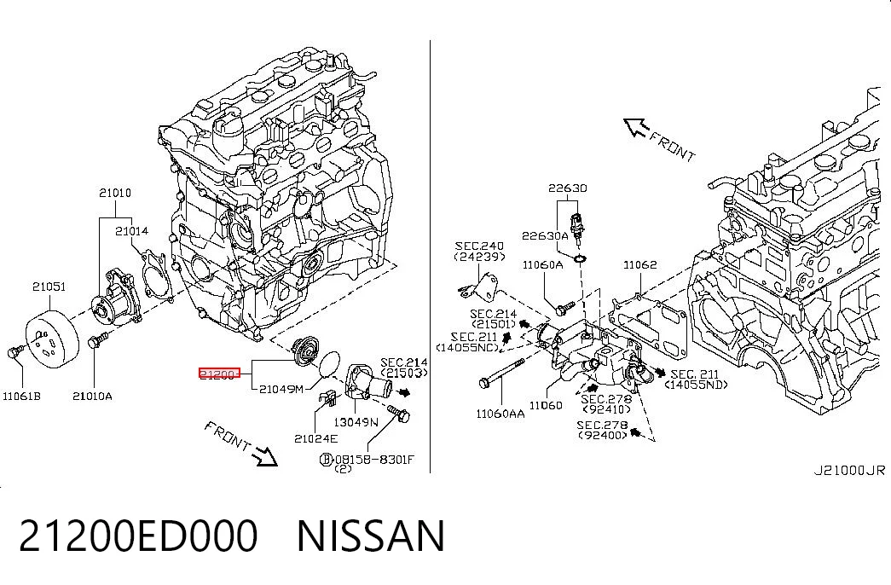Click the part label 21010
[x=115, y=193]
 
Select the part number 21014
[x=132, y=231]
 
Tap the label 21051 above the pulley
[x=49, y=287]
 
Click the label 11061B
[x=21, y=396]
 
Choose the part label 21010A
[x=92, y=396]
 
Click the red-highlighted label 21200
[x=219, y=374]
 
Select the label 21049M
[x=281, y=389]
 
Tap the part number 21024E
[x=316, y=438]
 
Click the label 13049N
[x=356, y=422]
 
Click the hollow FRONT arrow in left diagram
[x=265, y=455]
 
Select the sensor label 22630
[x=568, y=188]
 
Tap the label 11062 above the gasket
[x=639, y=264]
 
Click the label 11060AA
[x=500, y=414]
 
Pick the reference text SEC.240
[x=479, y=246]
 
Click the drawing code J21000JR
[x=849, y=470]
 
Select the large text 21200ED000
[x=139, y=536]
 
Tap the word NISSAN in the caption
[x=371, y=536]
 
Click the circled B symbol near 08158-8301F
[x=327, y=460]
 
